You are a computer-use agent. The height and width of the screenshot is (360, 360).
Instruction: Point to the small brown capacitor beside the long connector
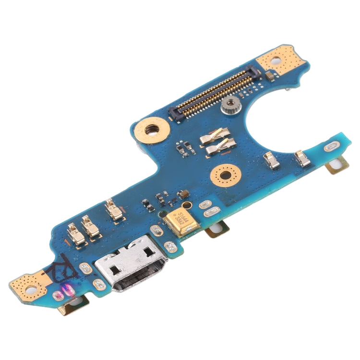[x=271, y=76]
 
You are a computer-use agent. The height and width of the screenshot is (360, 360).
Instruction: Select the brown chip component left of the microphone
[x=183, y=194]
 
